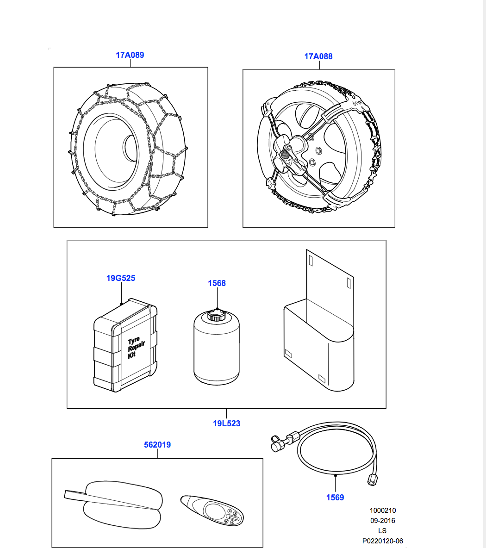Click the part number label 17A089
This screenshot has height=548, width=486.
tap(130, 55)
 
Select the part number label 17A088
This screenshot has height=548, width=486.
tap(318, 56)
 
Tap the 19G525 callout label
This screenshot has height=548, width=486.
tap(121, 278)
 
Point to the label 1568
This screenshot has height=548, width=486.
tap(217, 283)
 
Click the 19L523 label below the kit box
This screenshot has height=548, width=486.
tap(226, 423)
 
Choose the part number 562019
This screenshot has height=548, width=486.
tap(157, 445)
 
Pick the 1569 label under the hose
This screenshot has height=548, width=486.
tap(335, 498)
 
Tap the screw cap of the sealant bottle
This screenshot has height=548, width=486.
tap(216, 316)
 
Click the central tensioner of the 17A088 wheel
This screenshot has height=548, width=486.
tap(290, 155)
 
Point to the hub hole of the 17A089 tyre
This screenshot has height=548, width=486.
tap(130, 149)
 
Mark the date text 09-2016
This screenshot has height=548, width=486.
tap(382, 521)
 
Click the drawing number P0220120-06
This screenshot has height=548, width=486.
tap(382, 541)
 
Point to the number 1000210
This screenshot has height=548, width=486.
tap(382, 511)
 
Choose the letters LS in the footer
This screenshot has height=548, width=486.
tap(382, 531)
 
